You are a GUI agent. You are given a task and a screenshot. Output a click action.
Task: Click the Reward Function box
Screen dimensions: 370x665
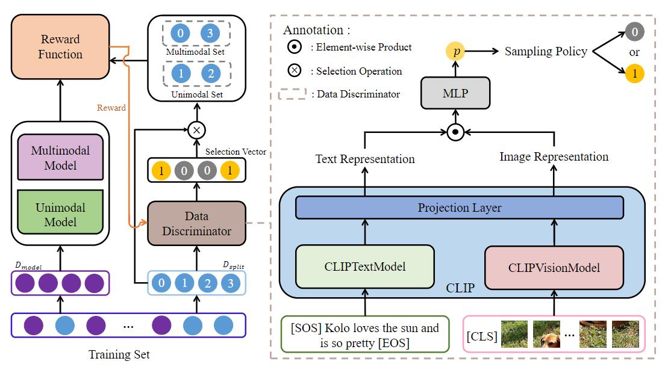61,47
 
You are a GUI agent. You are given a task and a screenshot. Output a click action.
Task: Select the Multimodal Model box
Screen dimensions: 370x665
61,157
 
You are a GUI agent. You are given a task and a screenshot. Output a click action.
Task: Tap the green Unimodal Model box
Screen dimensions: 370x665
61,215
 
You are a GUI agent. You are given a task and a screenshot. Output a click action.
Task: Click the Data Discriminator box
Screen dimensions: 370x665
196,223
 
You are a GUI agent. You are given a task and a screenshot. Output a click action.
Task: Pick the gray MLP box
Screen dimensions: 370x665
456,94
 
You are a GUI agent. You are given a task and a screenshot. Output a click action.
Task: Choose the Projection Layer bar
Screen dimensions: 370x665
460,208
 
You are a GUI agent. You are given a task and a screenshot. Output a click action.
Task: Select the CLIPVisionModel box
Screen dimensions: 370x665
554,267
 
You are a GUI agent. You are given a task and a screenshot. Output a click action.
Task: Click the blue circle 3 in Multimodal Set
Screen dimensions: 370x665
210,34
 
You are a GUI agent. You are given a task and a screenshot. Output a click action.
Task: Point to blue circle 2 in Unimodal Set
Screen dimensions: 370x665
210,73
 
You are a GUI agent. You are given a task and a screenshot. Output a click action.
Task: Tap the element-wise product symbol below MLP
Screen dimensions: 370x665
456,130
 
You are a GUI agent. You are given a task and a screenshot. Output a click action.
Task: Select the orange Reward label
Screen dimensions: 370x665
111,108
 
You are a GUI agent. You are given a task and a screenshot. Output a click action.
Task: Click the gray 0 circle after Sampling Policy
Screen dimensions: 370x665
634,31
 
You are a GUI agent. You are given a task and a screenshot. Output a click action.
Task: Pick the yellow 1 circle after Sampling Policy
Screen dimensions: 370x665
634,74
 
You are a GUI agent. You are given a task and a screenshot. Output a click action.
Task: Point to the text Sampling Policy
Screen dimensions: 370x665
546,52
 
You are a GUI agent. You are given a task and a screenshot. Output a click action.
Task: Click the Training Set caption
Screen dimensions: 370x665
119,354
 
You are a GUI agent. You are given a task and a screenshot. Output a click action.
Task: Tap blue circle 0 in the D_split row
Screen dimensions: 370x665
160,283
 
